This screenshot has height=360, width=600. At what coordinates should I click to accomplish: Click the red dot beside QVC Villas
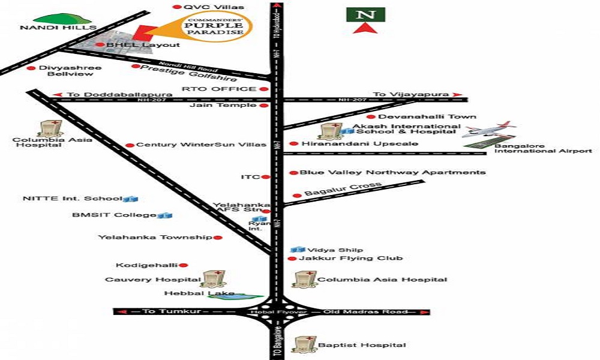coord(176,7)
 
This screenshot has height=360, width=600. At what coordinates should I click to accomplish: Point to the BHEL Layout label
coord(143,45)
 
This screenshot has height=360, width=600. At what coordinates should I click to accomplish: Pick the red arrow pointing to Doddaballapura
coord(58,94)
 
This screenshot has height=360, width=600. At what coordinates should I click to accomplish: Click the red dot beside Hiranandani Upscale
coord(293,144)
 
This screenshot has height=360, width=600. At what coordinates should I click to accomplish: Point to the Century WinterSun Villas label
coord(201,145)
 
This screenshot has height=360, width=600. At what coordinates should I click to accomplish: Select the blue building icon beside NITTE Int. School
coord(131,198)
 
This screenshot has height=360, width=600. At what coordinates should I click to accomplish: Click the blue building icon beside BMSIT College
coord(165,215)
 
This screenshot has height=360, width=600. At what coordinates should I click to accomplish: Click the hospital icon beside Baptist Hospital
coord(302,344)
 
